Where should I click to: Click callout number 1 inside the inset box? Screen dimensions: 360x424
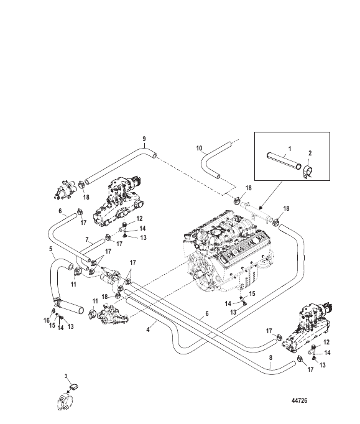[290, 149]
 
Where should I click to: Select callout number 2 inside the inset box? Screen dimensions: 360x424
[310, 153]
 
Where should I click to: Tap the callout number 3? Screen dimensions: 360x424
[66, 376]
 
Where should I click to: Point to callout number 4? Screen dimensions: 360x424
[148, 330]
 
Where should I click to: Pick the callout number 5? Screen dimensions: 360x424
[51, 249]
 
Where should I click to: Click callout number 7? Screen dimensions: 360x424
[87, 239]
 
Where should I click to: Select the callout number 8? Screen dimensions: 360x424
[270, 357]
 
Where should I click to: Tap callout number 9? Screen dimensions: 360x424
[144, 139]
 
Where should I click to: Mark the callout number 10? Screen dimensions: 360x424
[199, 148]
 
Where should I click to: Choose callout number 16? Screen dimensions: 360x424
[47, 320]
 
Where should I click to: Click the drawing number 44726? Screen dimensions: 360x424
[300, 400]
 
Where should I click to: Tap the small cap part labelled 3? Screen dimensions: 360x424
[73, 387]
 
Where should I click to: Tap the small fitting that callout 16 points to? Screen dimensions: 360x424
[53, 310]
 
